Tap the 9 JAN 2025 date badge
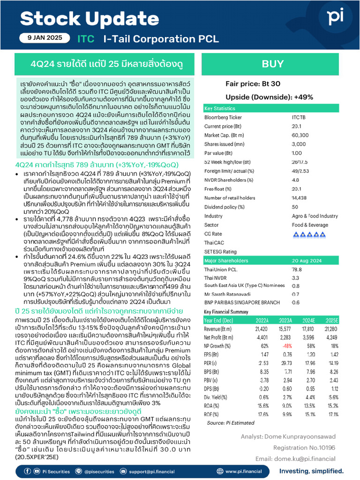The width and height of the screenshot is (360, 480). click(45, 38)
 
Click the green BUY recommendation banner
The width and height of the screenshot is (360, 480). click(272, 64)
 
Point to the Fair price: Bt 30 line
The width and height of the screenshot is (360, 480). click(253, 83)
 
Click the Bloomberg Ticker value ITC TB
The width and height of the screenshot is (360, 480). click(300, 117)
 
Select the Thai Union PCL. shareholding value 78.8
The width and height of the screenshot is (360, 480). click(296, 270)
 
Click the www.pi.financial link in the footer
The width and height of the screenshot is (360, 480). click(243, 471)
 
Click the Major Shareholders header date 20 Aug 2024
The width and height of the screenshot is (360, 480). click(308, 260)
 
